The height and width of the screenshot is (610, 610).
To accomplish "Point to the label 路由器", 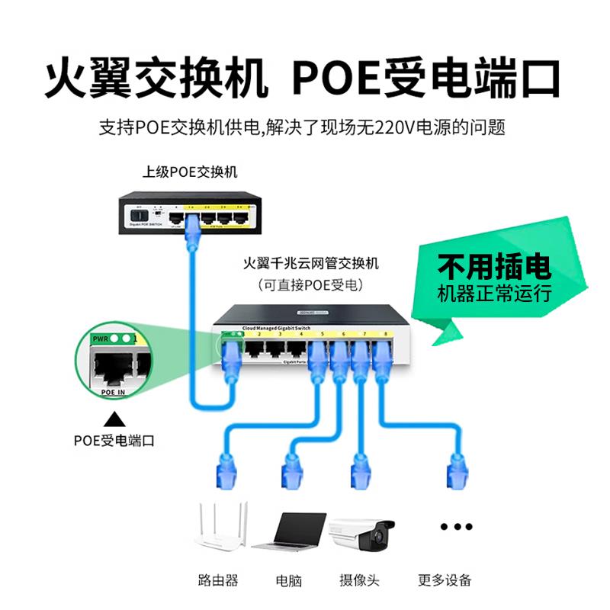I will (x=217, y=580).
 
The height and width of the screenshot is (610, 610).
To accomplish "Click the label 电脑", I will (x=289, y=580).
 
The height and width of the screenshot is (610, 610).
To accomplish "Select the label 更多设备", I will (x=445, y=580).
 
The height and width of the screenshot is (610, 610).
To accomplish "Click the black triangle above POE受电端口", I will (x=115, y=419).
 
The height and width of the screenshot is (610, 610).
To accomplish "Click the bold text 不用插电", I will (x=493, y=267).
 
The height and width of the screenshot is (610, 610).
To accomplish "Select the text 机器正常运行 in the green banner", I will (x=493, y=294).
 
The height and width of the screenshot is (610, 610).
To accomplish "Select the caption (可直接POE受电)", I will (x=310, y=285).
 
